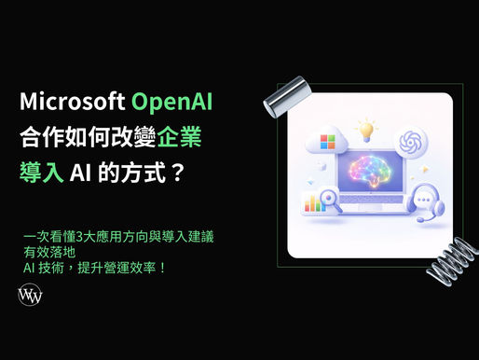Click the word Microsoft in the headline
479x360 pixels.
coord(72,100)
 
